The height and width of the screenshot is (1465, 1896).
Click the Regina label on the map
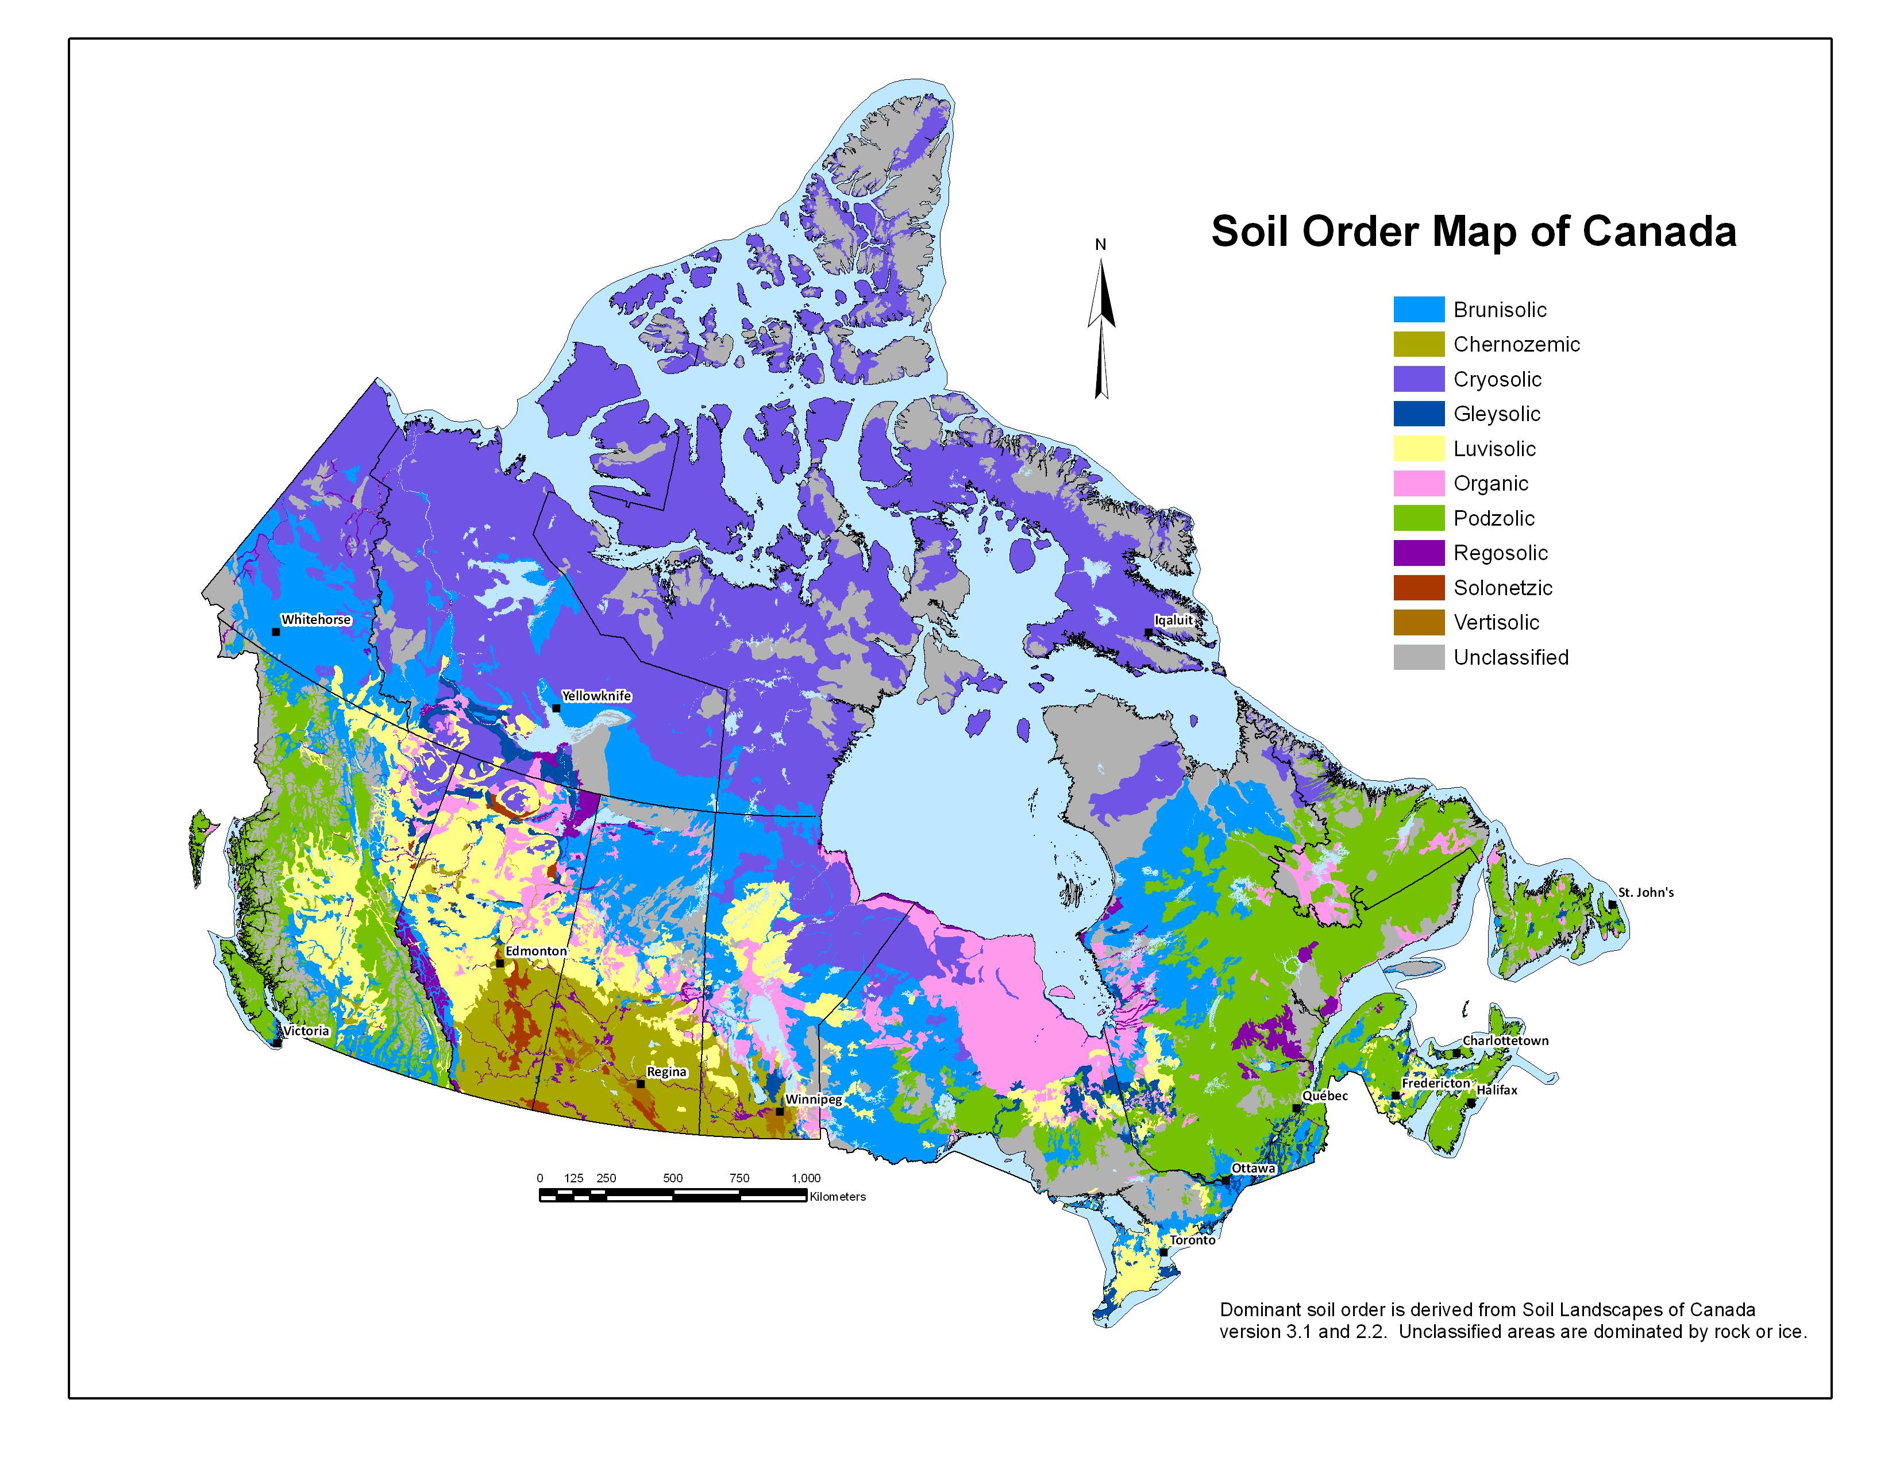tap(666, 1072)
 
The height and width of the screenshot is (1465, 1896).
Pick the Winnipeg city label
tap(814, 1100)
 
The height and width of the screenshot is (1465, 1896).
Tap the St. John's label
tap(1646, 892)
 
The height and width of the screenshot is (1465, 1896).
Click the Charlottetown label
tap(1505, 1040)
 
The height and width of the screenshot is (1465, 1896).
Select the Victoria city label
tap(306, 1031)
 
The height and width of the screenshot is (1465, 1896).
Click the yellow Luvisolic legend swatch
tap(1419, 449)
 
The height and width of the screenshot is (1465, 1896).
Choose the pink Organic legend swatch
tap(1419, 483)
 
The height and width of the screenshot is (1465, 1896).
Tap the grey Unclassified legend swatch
tap(1419, 657)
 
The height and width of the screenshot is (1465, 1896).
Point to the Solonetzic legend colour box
tap(1419, 588)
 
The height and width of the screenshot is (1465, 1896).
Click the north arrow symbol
tap(1101, 330)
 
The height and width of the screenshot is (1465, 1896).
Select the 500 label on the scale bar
tap(672, 1178)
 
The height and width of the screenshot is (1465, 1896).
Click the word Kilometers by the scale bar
tap(837, 1197)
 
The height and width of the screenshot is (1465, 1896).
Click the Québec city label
tap(1325, 1096)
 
